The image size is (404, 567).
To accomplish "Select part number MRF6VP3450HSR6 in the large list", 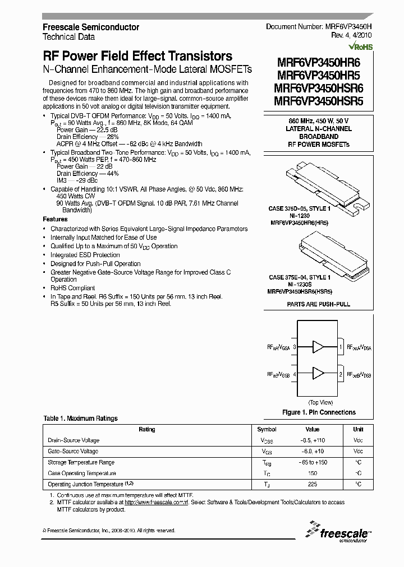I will [319, 89].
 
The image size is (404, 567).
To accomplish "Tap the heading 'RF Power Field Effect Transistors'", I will [137, 56].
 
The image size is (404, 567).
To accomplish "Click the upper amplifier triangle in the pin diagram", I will [318, 347].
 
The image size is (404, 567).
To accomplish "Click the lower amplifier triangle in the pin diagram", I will [318, 373].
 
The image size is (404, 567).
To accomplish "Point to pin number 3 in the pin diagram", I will [294, 347].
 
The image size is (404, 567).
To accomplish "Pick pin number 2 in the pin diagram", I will [341, 373].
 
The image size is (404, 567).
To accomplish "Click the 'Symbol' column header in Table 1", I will [267, 430].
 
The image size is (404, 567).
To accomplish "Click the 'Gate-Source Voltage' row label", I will [73, 450].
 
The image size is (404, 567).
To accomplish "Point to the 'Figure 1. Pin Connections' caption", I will [319, 412].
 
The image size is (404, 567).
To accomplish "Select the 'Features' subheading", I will [55, 219].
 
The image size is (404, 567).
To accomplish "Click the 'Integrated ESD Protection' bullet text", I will [85, 255].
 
